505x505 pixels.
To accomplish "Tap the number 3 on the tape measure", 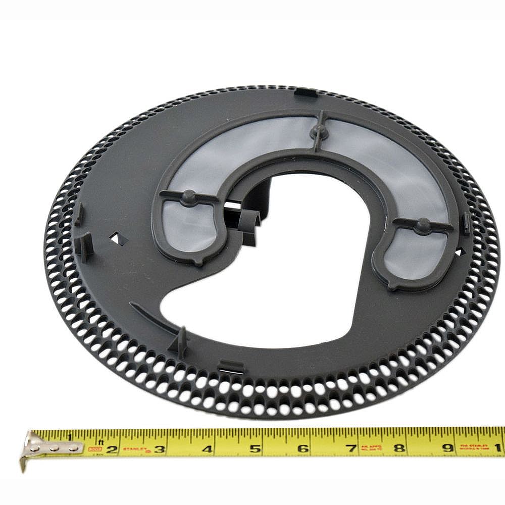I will point(160,448).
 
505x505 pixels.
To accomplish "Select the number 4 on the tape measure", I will point(207,448).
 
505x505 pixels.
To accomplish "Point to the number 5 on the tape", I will point(256,448).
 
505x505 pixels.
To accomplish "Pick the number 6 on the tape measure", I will point(303,448).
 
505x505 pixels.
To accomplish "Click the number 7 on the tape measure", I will point(351,447).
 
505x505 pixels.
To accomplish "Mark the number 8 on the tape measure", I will point(399,447).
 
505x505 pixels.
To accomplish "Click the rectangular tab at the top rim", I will point(305,92).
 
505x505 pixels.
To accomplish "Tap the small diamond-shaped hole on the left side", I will point(118,238).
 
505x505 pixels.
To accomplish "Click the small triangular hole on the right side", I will point(459,251).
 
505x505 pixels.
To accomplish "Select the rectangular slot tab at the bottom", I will point(231,366).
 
